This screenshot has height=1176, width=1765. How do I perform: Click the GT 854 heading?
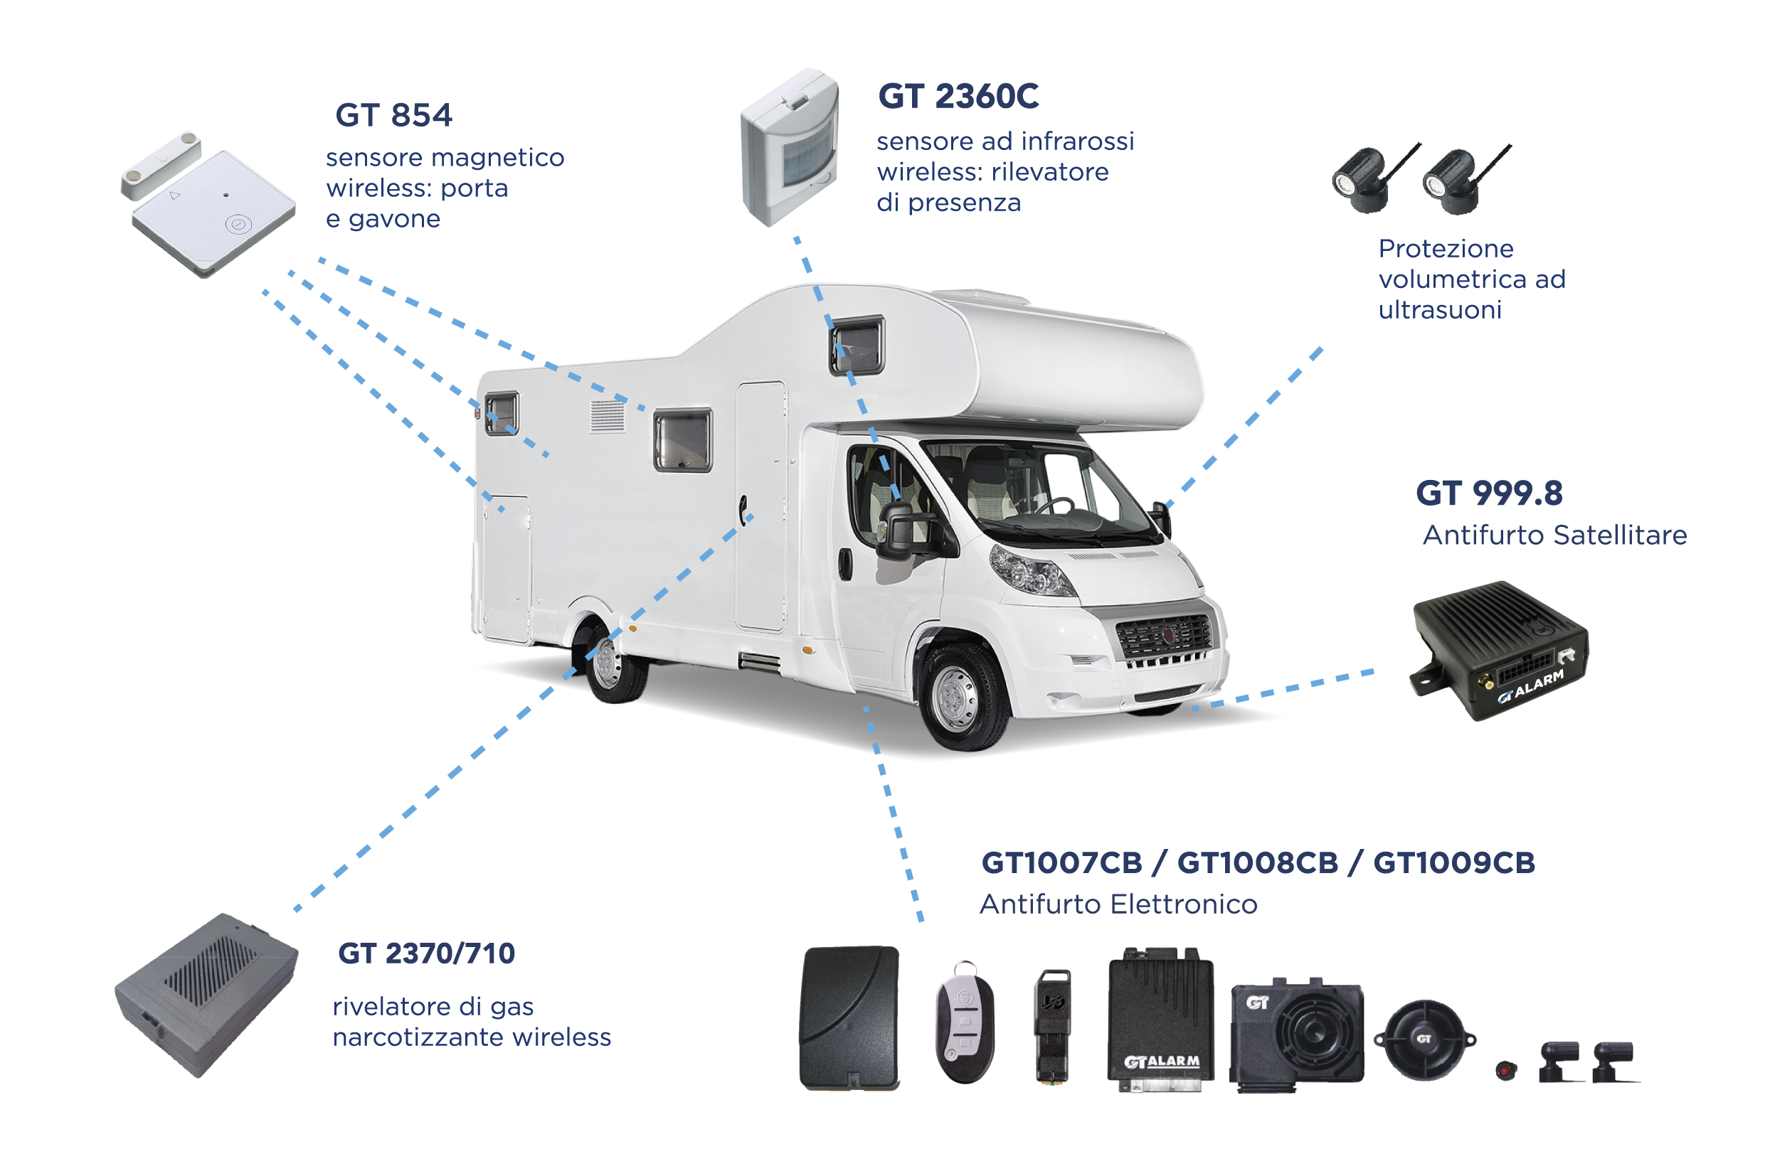[393, 115]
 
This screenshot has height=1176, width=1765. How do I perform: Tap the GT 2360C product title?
[958, 96]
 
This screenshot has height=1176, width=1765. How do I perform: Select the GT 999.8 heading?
[1489, 493]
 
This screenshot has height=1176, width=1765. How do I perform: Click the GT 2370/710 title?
[426, 953]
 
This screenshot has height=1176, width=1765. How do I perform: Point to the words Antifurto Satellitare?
[1554, 535]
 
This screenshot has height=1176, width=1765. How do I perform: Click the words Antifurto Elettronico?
[1118, 904]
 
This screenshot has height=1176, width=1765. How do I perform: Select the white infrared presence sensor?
[790, 147]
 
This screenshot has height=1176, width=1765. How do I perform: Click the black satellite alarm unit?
[1499, 649]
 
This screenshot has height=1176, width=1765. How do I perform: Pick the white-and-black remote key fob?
[965, 1023]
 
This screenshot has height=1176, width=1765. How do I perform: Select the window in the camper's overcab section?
[857, 346]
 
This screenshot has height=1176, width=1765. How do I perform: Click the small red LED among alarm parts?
[1506, 1069]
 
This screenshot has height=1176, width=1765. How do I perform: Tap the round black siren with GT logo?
[1424, 1039]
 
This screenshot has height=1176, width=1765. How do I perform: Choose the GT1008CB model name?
[1258, 862]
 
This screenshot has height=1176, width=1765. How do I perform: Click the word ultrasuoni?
[1439, 310]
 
